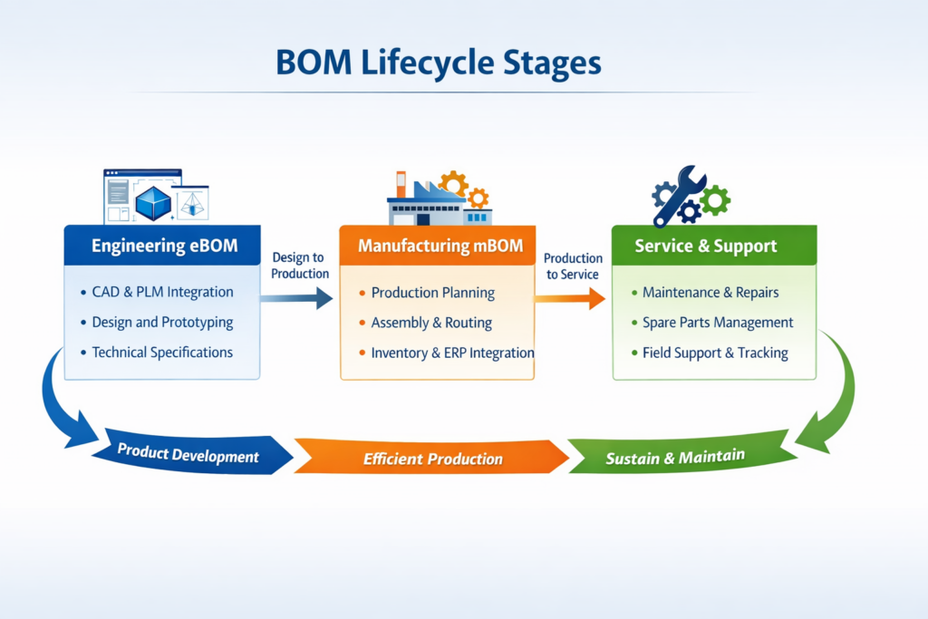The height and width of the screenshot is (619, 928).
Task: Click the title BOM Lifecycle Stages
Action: [439, 63]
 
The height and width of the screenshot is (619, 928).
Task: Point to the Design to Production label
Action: [299, 266]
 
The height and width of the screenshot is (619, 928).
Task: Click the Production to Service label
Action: [573, 266]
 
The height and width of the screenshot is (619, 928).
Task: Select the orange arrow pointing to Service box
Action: [569, 298]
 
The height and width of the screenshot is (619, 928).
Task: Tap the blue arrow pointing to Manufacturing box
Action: [296, 297]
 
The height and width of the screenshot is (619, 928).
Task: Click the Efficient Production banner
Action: [431, 458]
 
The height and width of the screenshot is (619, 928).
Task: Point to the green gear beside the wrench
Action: [715, 200]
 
